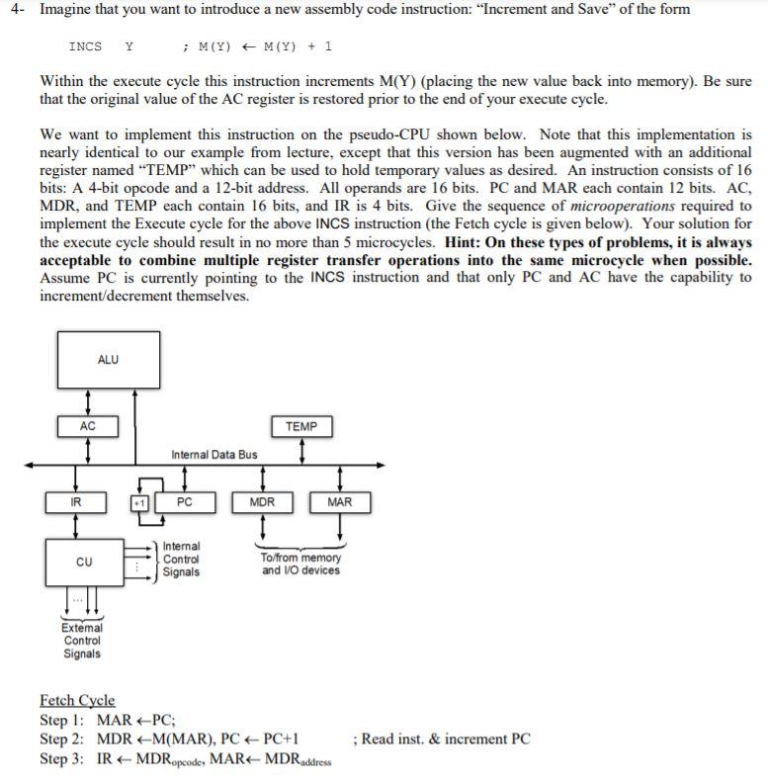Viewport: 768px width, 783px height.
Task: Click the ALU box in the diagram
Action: click(108, 359)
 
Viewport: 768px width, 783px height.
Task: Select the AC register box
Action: click(88, 427)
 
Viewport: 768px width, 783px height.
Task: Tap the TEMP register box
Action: click(301, 427)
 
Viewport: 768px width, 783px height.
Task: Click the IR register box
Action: click(76, 502)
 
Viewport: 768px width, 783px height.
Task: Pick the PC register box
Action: click(184, 502)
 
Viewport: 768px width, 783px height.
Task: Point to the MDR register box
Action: click(262, 502)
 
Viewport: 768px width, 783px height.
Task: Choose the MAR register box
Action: click(339, 502)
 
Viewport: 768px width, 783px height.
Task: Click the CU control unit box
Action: click(84, 563)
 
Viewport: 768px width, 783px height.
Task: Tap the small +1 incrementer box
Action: click(139, 502)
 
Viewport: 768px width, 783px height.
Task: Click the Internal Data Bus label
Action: click(213, 455)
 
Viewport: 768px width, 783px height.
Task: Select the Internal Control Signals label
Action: click(181, 559)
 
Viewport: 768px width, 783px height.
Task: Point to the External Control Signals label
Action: click(81, 641)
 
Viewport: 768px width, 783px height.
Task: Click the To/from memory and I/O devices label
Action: click(300, 565)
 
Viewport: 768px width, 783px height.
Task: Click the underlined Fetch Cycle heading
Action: click(77, 701)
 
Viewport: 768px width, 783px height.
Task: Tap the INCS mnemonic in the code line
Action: click(85, 46)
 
